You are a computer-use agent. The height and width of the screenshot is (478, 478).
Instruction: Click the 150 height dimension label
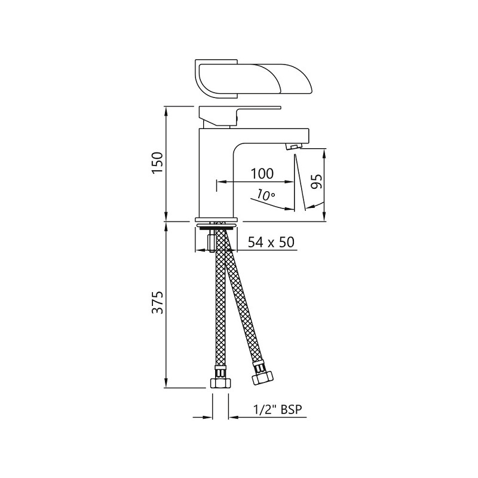coord(157,163)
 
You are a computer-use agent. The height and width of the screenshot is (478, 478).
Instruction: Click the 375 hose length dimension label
coord(157,304)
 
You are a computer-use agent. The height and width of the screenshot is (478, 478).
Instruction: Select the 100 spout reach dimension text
coord(262,174)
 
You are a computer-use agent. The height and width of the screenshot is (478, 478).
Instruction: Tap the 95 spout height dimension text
coord(317,180)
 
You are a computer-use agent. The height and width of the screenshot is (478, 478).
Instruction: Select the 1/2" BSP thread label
coord(278,409)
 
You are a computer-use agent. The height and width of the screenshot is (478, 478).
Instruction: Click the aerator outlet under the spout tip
coord(294,147)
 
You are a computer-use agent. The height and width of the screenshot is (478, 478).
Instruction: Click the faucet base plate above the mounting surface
coord(217,219)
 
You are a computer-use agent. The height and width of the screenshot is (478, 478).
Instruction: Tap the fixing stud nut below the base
coord(210,242)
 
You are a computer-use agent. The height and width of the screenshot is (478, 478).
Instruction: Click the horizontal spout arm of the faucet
coord(269,136)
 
